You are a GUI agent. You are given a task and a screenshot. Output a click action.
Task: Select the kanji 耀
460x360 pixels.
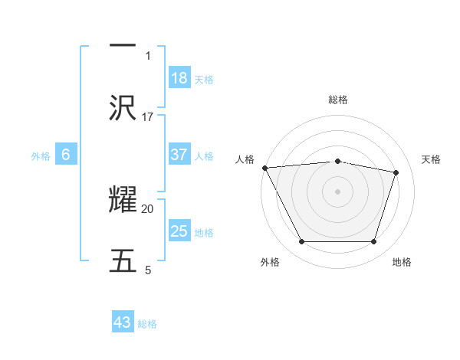[123, 201]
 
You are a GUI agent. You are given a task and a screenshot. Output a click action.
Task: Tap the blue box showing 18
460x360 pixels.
[179, 78]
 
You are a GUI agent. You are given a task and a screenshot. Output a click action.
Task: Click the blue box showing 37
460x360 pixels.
[179, 155]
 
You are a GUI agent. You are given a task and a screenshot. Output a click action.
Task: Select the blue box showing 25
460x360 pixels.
[179, 231]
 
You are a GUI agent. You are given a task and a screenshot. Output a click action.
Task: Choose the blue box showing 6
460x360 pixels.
[66, 155]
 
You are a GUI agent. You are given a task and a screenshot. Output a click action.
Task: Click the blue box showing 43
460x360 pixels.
[123, 322]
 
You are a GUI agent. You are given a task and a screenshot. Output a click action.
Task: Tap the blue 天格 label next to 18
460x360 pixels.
[204, 80]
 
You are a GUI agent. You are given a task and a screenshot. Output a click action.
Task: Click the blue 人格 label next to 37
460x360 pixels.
[204, 156]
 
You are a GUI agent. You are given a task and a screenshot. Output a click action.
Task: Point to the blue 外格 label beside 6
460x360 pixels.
[41, 156]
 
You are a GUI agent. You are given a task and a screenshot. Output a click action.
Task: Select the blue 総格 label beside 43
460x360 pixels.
[147, 324]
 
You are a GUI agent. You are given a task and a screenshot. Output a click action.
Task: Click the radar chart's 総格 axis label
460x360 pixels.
[338, 100]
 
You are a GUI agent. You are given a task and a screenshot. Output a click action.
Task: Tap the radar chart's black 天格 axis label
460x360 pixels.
[431, 159]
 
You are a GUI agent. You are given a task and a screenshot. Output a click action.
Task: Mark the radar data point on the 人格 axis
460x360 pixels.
[264, 168]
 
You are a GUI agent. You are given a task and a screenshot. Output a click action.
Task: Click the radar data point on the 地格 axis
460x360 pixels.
[373, 242]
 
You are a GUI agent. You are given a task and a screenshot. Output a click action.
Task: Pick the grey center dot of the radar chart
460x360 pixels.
[337, 191]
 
